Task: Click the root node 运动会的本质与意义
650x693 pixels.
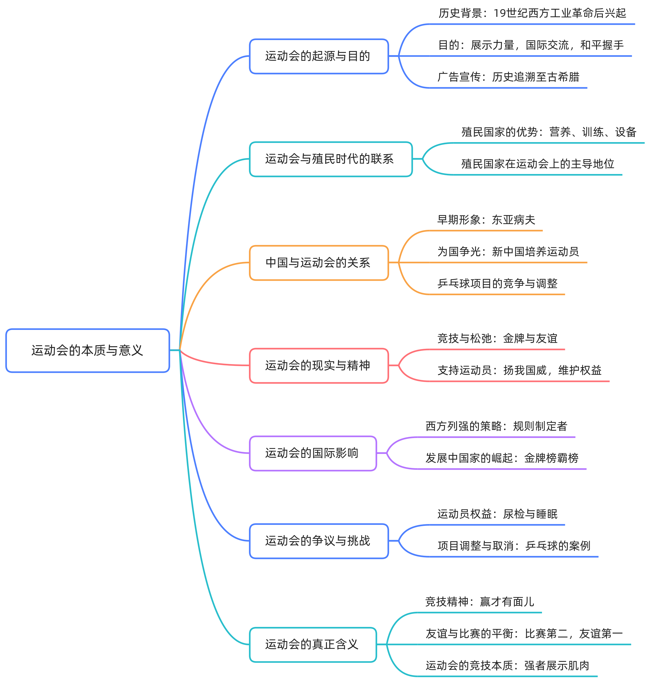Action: [87, 350]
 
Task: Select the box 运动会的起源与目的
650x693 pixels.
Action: [319, 56]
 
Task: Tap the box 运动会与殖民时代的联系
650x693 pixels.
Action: [330, 159]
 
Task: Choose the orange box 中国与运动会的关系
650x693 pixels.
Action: [319, 263]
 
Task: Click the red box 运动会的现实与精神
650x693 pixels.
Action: [319, 365]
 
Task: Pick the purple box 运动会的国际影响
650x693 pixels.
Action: [313, 453]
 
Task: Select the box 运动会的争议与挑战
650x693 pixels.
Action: [319, 541]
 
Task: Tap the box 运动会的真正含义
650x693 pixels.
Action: [313, 644]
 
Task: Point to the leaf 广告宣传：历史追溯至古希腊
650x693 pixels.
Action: [508, 77]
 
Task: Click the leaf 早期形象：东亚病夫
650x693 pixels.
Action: [486, 220]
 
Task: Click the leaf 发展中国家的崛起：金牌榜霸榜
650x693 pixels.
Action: [501, 458]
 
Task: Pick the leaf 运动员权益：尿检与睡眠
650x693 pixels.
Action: [497, 514]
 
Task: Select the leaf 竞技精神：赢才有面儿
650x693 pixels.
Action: [479, 602]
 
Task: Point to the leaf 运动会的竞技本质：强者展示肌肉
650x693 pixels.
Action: [507, 665]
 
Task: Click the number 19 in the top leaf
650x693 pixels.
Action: [500, 13]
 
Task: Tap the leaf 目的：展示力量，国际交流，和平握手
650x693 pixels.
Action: [530, 45]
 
